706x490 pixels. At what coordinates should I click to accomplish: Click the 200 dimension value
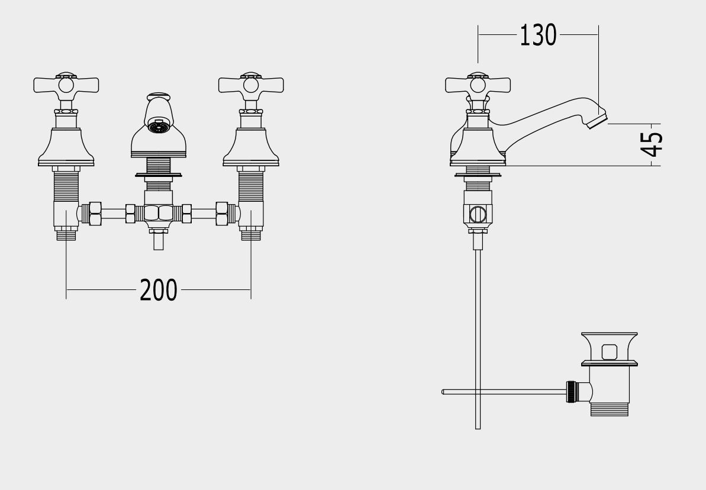(159, 290)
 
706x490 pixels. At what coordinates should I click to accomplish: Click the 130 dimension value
(538, 35)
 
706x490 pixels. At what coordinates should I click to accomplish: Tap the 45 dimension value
(652, 144)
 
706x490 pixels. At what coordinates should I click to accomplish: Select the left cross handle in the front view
(66, 84)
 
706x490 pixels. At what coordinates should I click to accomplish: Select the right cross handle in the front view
(251, 84)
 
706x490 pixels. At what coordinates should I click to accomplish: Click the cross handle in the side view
(478, 84)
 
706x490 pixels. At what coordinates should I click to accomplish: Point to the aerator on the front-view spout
(159, 127)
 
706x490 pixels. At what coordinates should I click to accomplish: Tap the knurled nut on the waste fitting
(571, 392)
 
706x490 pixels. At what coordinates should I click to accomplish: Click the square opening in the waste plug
(609, 352)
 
